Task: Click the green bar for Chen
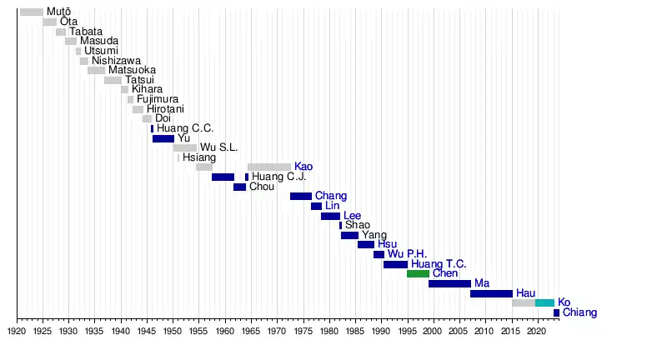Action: coord(418,273)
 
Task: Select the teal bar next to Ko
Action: coord(544,302)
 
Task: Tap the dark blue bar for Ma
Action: coord(449,283)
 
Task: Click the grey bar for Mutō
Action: coord(32,12)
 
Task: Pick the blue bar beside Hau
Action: coord(491,293)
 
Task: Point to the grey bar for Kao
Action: coord(269,167)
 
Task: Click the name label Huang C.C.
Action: coord(185,128)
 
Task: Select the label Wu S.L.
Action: coord(219,147)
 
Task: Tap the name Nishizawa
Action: coord(116,61)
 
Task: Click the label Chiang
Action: coord(579,312)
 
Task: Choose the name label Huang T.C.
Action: coord(439,264)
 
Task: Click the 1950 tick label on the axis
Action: coord(173,332)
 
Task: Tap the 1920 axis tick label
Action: coord(17,332)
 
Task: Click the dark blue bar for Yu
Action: coord(163,138)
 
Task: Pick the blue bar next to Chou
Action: coord(239,187)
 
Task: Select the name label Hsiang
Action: coord(199,157)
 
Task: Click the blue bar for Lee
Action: coord(330,216)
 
